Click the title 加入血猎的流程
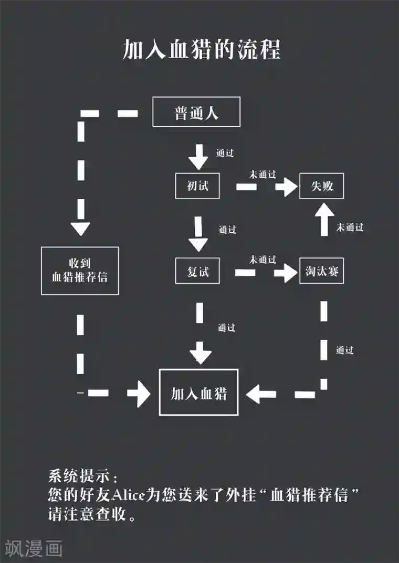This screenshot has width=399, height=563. pos(202,50)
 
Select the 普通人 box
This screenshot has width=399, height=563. pos(196,112)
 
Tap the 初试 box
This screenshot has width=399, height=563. pos(197,186)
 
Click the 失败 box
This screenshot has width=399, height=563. pos(321,186)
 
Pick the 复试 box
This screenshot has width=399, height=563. pos(197,271)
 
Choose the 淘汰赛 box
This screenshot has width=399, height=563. pos(321,271)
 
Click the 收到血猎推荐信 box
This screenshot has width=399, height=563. pos(80,270)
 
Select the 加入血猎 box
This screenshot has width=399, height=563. pos(198,392)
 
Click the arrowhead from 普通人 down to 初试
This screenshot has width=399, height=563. pos(199,161)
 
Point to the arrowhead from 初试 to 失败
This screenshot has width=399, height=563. pos(289,187)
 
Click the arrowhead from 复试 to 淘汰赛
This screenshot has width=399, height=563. pos(289,272)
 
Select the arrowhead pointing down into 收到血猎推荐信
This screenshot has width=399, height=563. pos(80,229)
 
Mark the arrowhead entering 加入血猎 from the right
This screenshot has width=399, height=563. pos(255,394)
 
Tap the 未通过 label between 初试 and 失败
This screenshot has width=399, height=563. pos(262,175)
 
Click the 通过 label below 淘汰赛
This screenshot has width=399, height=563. pos(344,350)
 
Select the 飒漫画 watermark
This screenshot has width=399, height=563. pos(33,548)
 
